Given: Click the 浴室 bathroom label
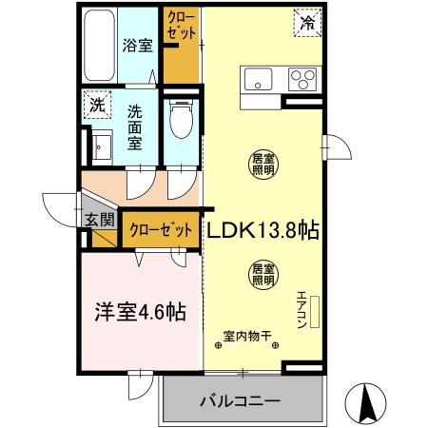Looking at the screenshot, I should [x=139, y=45].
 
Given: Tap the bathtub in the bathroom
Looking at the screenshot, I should [x=97, y=45].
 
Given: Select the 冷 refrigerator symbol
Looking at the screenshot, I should [x=309, y=20].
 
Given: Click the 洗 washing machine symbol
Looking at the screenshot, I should [x=96, y=105].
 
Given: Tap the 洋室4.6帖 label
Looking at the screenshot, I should [x=138, y=311].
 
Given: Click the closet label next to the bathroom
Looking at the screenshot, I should [x=181, y=26].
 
